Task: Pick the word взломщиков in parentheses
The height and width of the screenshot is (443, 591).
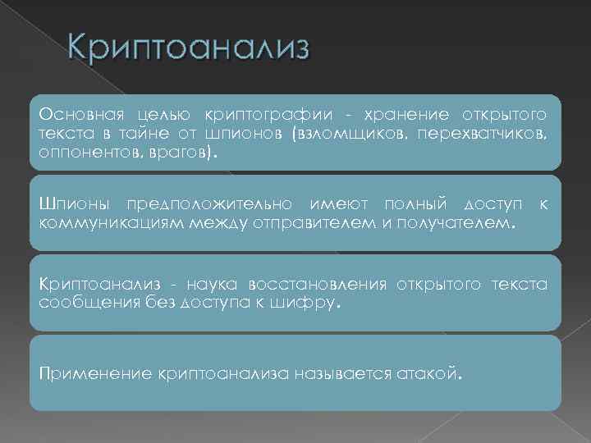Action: coord(347,133)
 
